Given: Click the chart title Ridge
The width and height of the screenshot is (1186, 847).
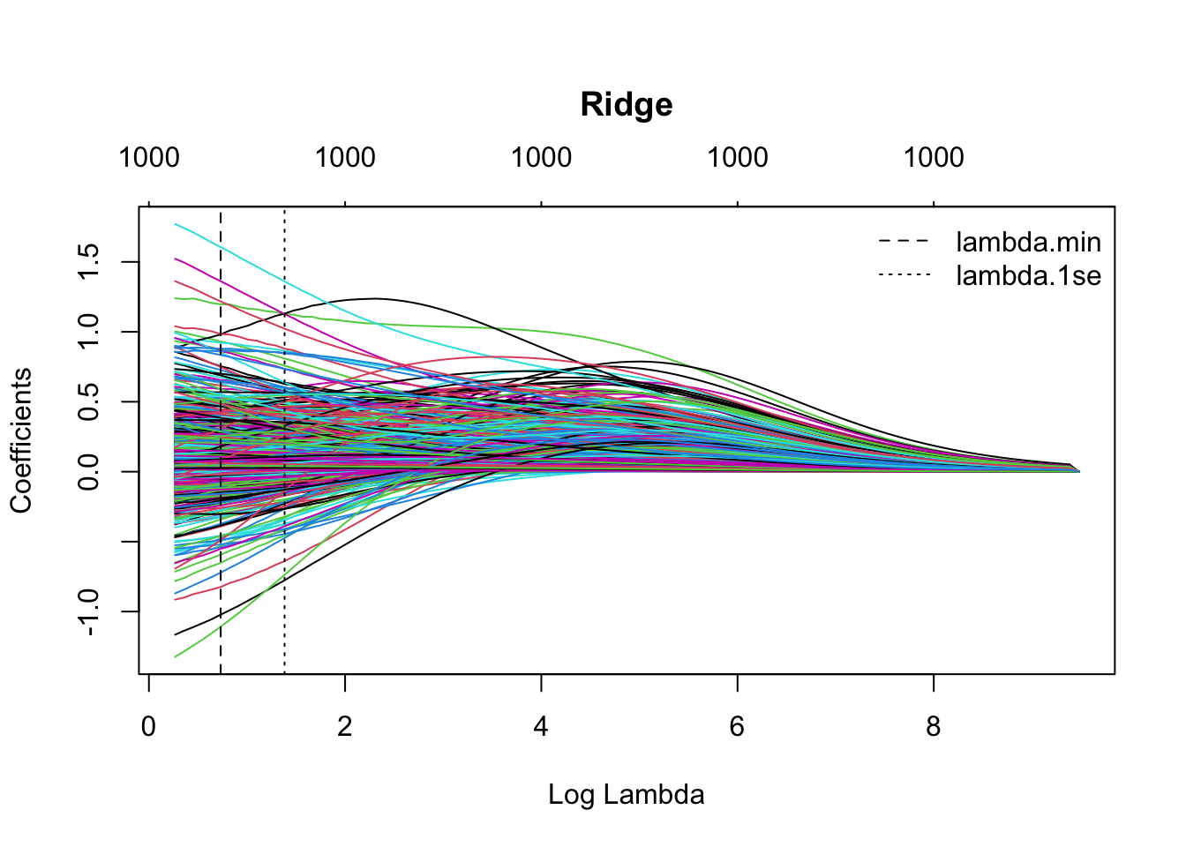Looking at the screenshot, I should pos(627,105).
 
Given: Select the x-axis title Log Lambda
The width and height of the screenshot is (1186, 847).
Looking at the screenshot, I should pos(626,795).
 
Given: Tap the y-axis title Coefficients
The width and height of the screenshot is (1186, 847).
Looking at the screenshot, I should pos(21,440).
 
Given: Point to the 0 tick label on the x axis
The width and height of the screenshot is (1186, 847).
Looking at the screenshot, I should pos(148,727).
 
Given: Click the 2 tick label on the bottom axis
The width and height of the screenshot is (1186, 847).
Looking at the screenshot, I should pos(345,727).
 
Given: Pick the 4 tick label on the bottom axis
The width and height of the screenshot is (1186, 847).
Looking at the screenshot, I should pos(541,727).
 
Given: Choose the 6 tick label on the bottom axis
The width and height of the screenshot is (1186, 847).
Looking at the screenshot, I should pos(738,727).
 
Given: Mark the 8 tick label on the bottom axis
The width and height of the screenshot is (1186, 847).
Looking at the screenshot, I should pos(934,727).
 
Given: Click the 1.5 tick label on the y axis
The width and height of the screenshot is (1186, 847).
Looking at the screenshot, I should pos(89,262).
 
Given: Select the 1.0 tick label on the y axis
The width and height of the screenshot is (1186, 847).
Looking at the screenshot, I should pos(89,332).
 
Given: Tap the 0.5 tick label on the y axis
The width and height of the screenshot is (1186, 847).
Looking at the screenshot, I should pos(89,401).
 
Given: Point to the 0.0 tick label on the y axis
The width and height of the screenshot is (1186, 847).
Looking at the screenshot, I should pos(89,471).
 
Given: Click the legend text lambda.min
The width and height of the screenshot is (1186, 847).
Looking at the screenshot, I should pos(1028,242).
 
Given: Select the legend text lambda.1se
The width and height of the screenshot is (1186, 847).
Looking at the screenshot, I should pos(1028,276).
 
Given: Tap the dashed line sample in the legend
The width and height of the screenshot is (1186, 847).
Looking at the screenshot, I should pos(905,241).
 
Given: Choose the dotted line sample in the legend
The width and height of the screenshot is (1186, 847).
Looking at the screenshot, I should pos(905,275).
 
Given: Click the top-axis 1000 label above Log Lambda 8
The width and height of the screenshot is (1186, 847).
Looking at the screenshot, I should pos(934,158).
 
